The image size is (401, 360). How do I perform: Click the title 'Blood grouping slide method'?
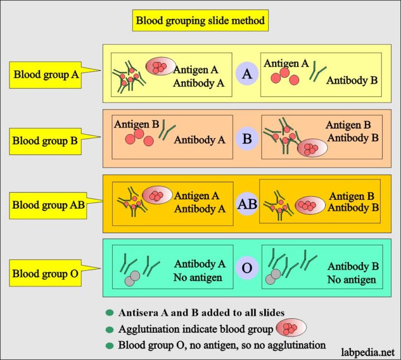point(200,21)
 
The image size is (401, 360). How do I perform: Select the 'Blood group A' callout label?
point(46,74)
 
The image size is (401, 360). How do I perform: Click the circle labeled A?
point(247,74)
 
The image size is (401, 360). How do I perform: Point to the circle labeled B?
point(247,139)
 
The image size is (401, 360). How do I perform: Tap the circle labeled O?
point(247,269)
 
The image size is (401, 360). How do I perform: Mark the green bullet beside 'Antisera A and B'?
point(110,313)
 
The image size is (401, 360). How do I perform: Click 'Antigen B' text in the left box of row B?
point(136,124)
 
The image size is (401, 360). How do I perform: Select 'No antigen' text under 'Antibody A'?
point(197,277)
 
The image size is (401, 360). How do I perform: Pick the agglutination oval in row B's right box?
point(312,148)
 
